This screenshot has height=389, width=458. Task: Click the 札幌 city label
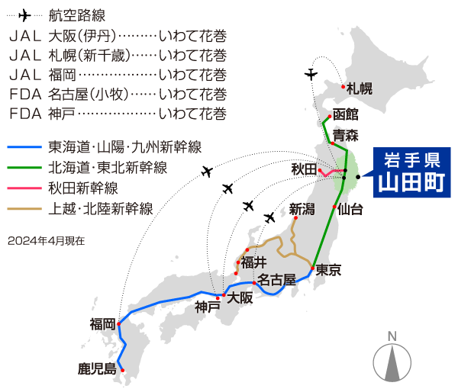pos(359,88)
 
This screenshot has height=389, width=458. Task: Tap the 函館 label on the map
pos(345,114)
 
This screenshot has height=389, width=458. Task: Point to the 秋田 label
pos(302,169)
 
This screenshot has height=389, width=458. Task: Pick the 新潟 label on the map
pos(301,208)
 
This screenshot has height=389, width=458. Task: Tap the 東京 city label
pos(329,269)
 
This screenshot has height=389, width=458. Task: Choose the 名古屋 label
pos(276,279)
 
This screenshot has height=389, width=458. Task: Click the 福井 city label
pos(253,262)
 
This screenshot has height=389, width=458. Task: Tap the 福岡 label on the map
pos(102,323)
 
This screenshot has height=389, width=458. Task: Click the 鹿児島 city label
pos(96,368)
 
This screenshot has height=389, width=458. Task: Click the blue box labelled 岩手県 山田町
pos(411,172)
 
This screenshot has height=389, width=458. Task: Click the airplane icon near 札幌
pos(310,74)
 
